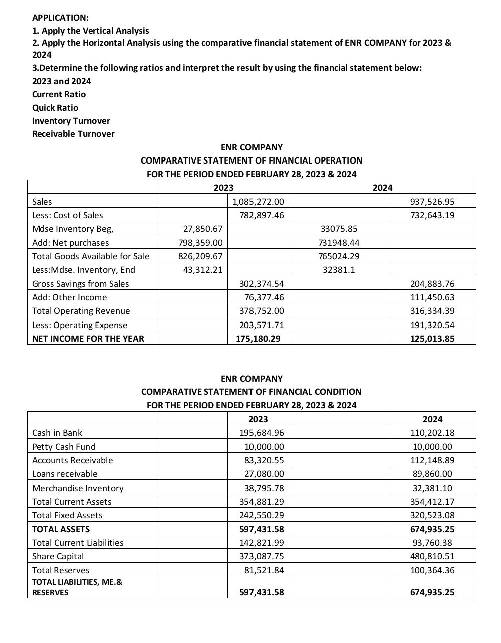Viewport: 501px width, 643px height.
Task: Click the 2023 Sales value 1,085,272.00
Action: click(x=259, y=202)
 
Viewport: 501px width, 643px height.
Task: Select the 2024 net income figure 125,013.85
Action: click(x=432, y=339)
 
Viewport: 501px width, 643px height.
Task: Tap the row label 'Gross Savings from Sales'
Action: click(x=80, y=284)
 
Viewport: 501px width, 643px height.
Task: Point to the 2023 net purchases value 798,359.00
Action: click(x=201, y=243)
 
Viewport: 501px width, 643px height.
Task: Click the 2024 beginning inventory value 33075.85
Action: click(x=339, y=229)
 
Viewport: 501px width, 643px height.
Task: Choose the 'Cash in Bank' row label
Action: click(x=57, y=433)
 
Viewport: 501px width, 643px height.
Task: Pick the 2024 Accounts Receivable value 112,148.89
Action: click(x=432, y=460)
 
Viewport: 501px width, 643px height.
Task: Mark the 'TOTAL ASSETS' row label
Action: click(x=61, y=529)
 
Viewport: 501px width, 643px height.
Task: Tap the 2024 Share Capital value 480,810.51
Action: click(x=432, y=556)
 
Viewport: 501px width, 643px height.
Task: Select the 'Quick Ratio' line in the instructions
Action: click(x=55, y=108)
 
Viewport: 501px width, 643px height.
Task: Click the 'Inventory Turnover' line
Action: click(x=71, y=121)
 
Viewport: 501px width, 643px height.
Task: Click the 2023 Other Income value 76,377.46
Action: click(x=262, y=297)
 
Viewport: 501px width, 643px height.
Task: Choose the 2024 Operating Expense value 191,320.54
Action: click(x=432, y=325)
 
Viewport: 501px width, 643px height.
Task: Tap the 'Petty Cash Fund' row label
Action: click(x=64, y=447)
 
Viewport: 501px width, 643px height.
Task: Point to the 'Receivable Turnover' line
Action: click(x=73, y=134)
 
